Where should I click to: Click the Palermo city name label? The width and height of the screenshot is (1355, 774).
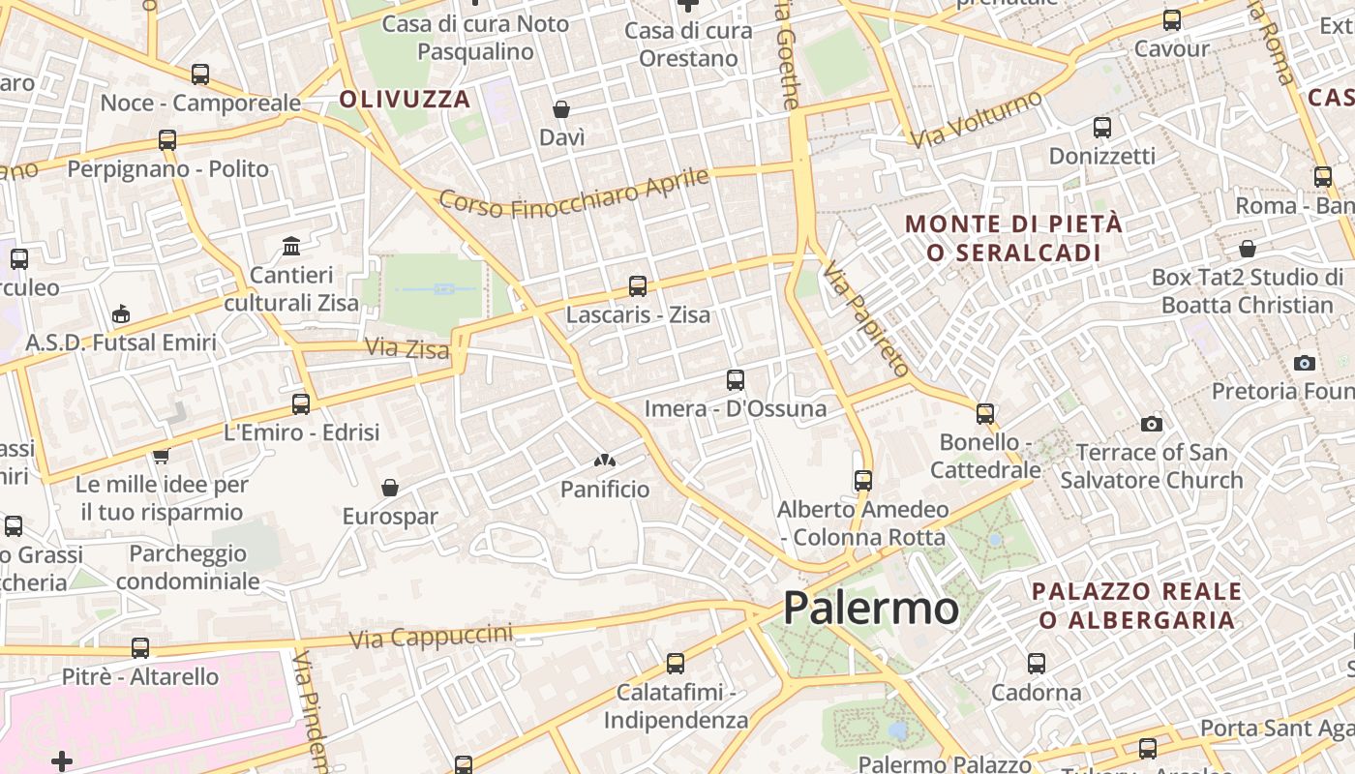[x=870, y=609]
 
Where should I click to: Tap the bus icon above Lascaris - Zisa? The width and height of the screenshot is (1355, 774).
[x=637, y=286]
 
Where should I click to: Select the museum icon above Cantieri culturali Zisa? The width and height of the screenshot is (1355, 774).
[x=291, y=246]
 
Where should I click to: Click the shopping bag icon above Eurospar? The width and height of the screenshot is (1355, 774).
[x=389, y=488]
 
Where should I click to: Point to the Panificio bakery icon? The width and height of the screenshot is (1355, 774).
[x=605, y=461]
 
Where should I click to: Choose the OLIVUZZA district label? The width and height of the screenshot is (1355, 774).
[x=405, y=99]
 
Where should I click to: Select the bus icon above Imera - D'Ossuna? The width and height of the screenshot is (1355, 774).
[x=736, y=380]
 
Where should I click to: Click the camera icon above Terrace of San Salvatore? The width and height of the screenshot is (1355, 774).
[x=1151, y=424]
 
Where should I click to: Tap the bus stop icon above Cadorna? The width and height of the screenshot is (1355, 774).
[x=1037, y=664]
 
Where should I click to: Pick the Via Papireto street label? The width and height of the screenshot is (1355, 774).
[x=866, y=318]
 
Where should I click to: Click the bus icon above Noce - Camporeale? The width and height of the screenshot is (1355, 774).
[x=200, y=74]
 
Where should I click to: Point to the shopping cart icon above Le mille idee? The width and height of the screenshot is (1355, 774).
[x=161, y=456]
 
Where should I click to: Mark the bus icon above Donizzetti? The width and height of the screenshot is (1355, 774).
[x=1101, y=127]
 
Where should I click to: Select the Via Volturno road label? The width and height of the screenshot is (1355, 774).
[x=977, y=119]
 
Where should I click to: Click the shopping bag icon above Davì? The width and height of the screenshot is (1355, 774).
[x=561, y=109]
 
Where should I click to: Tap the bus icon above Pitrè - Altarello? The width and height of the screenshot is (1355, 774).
[x=140, y=648]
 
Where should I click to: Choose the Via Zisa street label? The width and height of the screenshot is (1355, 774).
[x=406, y=347]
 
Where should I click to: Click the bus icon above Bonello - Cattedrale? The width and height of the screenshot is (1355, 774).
[x=985, y=414]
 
